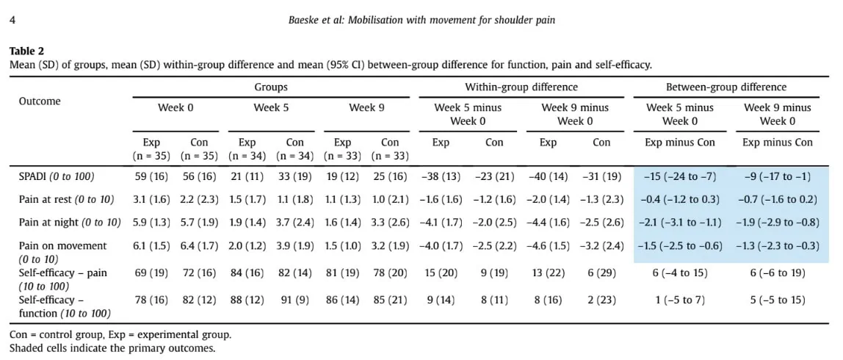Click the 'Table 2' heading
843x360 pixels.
(x=26, y=51)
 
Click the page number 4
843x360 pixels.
(x=13, y=21)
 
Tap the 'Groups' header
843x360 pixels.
(x=271, y=87)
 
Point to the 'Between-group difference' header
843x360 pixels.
(x=726, y=87)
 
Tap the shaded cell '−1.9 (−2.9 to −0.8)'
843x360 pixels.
(x=778, y=222)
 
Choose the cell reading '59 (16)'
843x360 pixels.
(x=151, y=176)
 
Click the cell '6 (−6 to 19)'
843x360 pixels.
(x=778, y=273)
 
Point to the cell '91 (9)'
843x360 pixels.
(x=294, y=298)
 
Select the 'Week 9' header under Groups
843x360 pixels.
(x=366, y=107)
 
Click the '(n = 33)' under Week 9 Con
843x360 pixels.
(x=390, y=156)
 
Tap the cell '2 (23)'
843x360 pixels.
(x=601, y=298)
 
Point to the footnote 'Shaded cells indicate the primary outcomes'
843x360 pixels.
(x=113, y=348)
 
